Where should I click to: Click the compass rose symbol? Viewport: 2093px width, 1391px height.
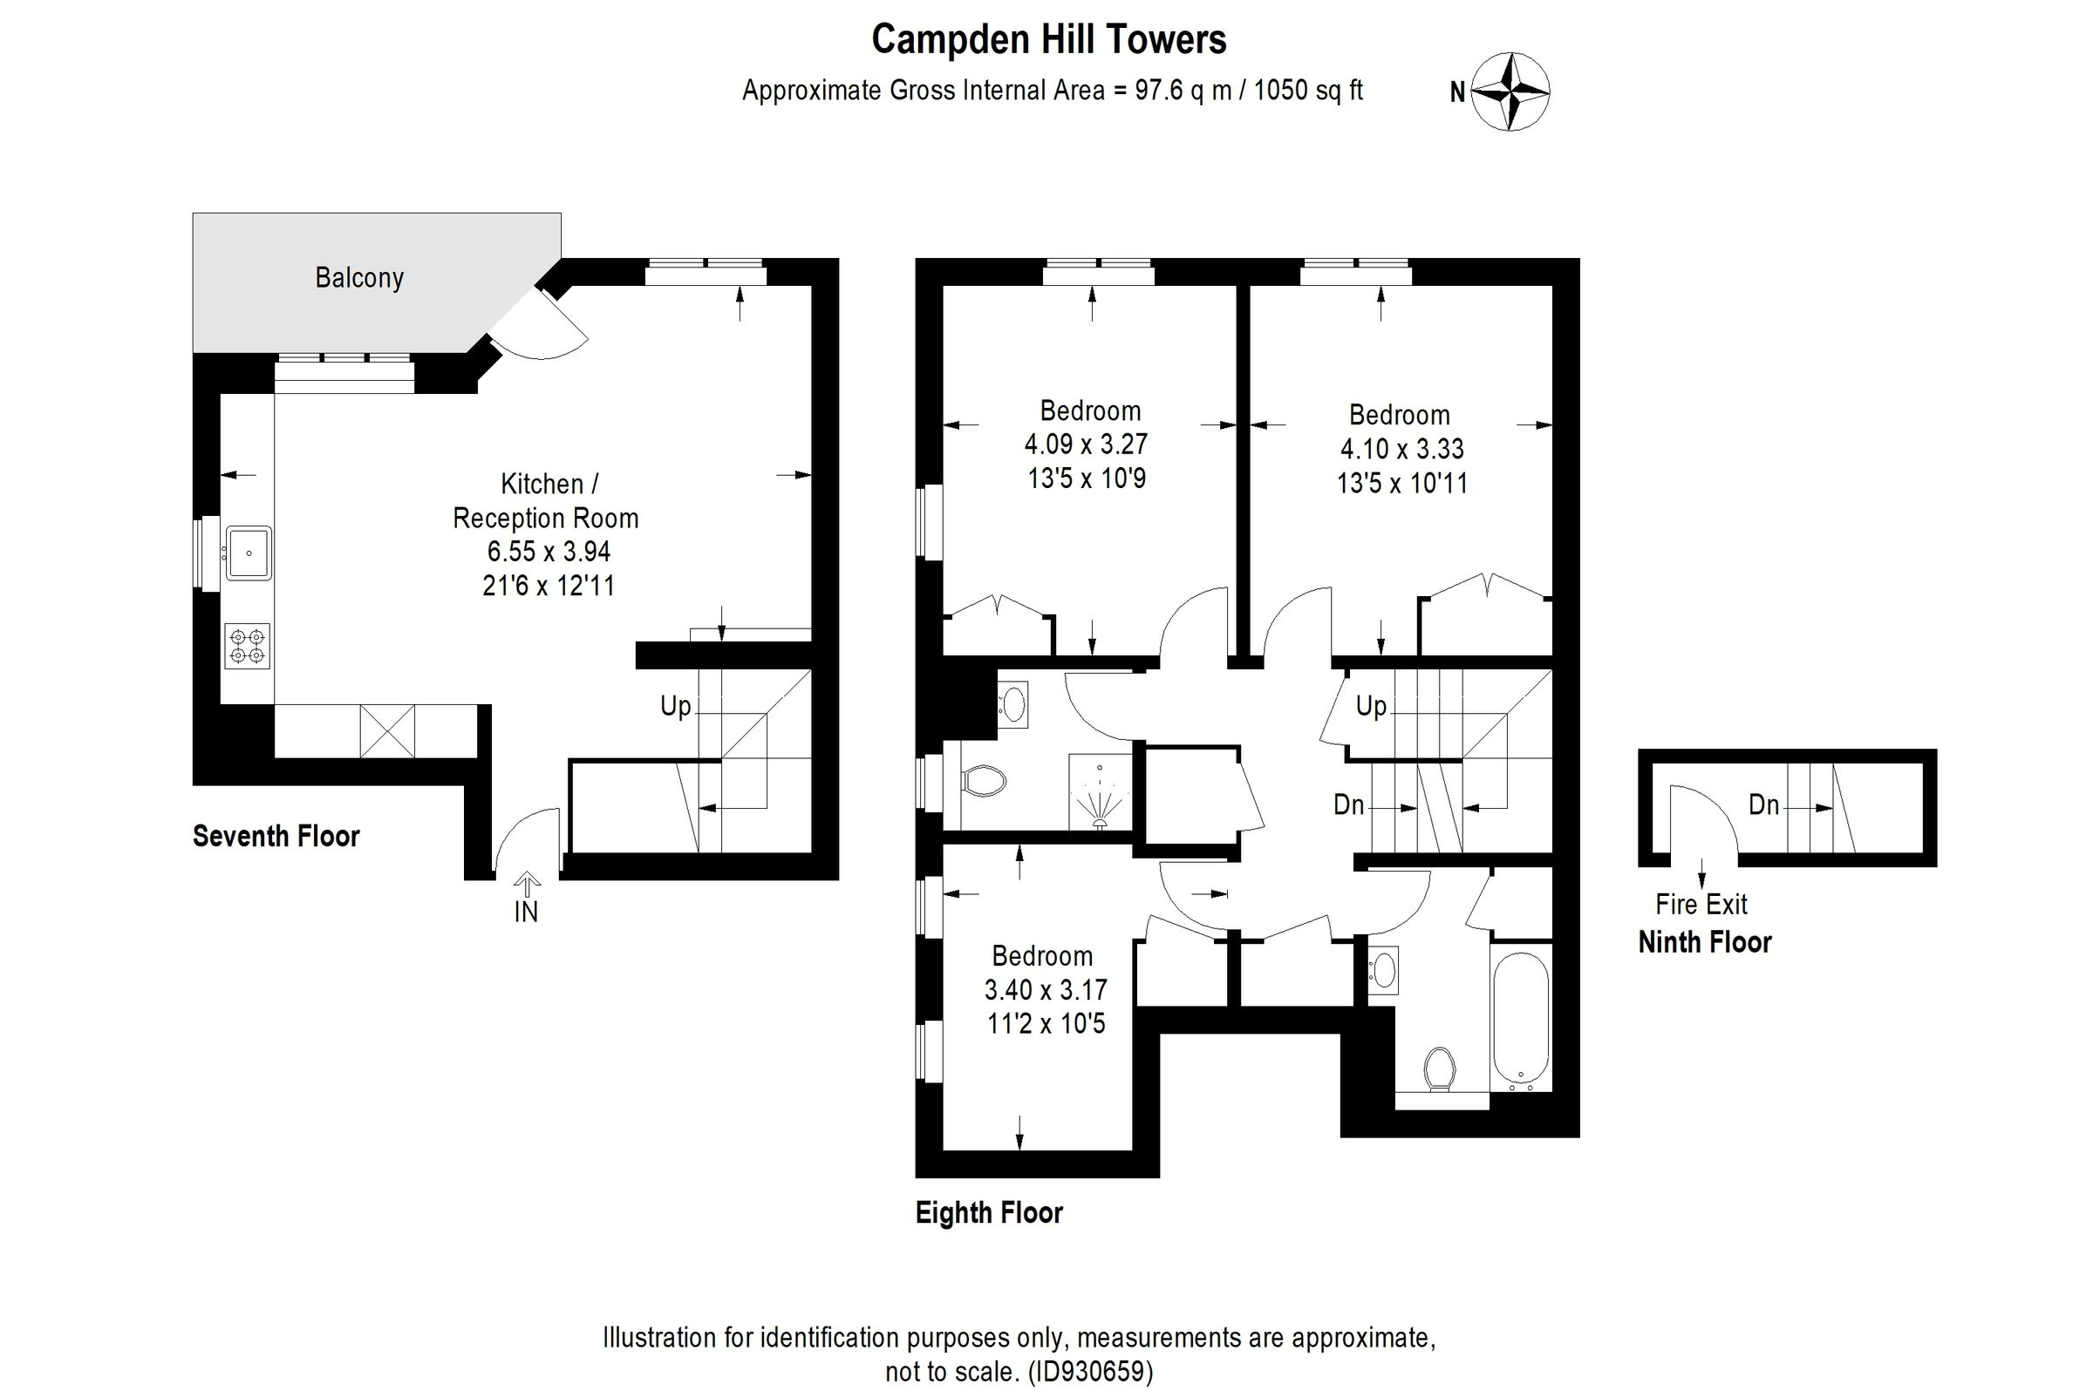coord(1510,92)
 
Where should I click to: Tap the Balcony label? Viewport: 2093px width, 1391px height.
coord(359,278)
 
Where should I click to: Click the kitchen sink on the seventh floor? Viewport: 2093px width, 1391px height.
coord(249,553)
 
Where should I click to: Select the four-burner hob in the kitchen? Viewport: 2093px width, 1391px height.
coord(247,646)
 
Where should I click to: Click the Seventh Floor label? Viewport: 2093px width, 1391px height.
coord(276,836)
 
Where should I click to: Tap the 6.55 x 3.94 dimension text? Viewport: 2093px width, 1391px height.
coord(549,552)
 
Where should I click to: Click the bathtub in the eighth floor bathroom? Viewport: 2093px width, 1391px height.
coord(1521,1021)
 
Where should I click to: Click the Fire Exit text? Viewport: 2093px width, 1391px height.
coord(1701,905)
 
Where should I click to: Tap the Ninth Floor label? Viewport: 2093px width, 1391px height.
coord(1704,942)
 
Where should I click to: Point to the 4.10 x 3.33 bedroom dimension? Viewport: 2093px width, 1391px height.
coord(1401,449)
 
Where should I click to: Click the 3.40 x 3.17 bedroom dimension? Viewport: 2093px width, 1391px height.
coord(1046,989)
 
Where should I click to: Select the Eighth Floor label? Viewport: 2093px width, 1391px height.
coord(989,1212)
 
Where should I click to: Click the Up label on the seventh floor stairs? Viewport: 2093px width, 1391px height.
coord(676,706)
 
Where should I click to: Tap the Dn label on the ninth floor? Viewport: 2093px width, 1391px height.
coord(1763,804)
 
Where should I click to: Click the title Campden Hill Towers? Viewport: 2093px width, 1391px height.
coord(1048,40)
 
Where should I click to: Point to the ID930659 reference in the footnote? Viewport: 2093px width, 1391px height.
coord(1091,1372)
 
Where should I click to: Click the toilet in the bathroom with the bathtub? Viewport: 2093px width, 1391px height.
coord(1440,1069)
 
